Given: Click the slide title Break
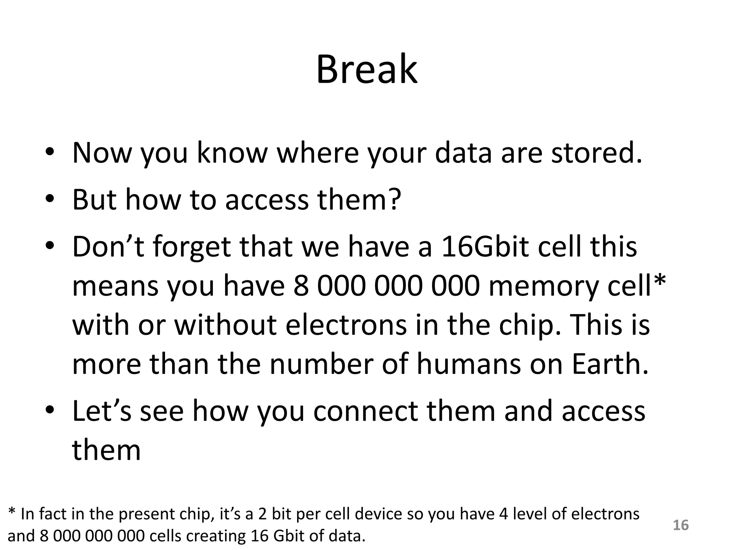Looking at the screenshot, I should [x=366, y=69].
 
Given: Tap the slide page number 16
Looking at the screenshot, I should [x=681, y=525].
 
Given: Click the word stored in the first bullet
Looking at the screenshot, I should [x=596, y=153].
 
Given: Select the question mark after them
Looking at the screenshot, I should [x=394, y=199].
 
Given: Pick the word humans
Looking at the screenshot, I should [x=469, y=364].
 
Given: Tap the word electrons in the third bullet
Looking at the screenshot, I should [x=346, y=325].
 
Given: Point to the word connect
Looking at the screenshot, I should [x=365, y=411].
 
